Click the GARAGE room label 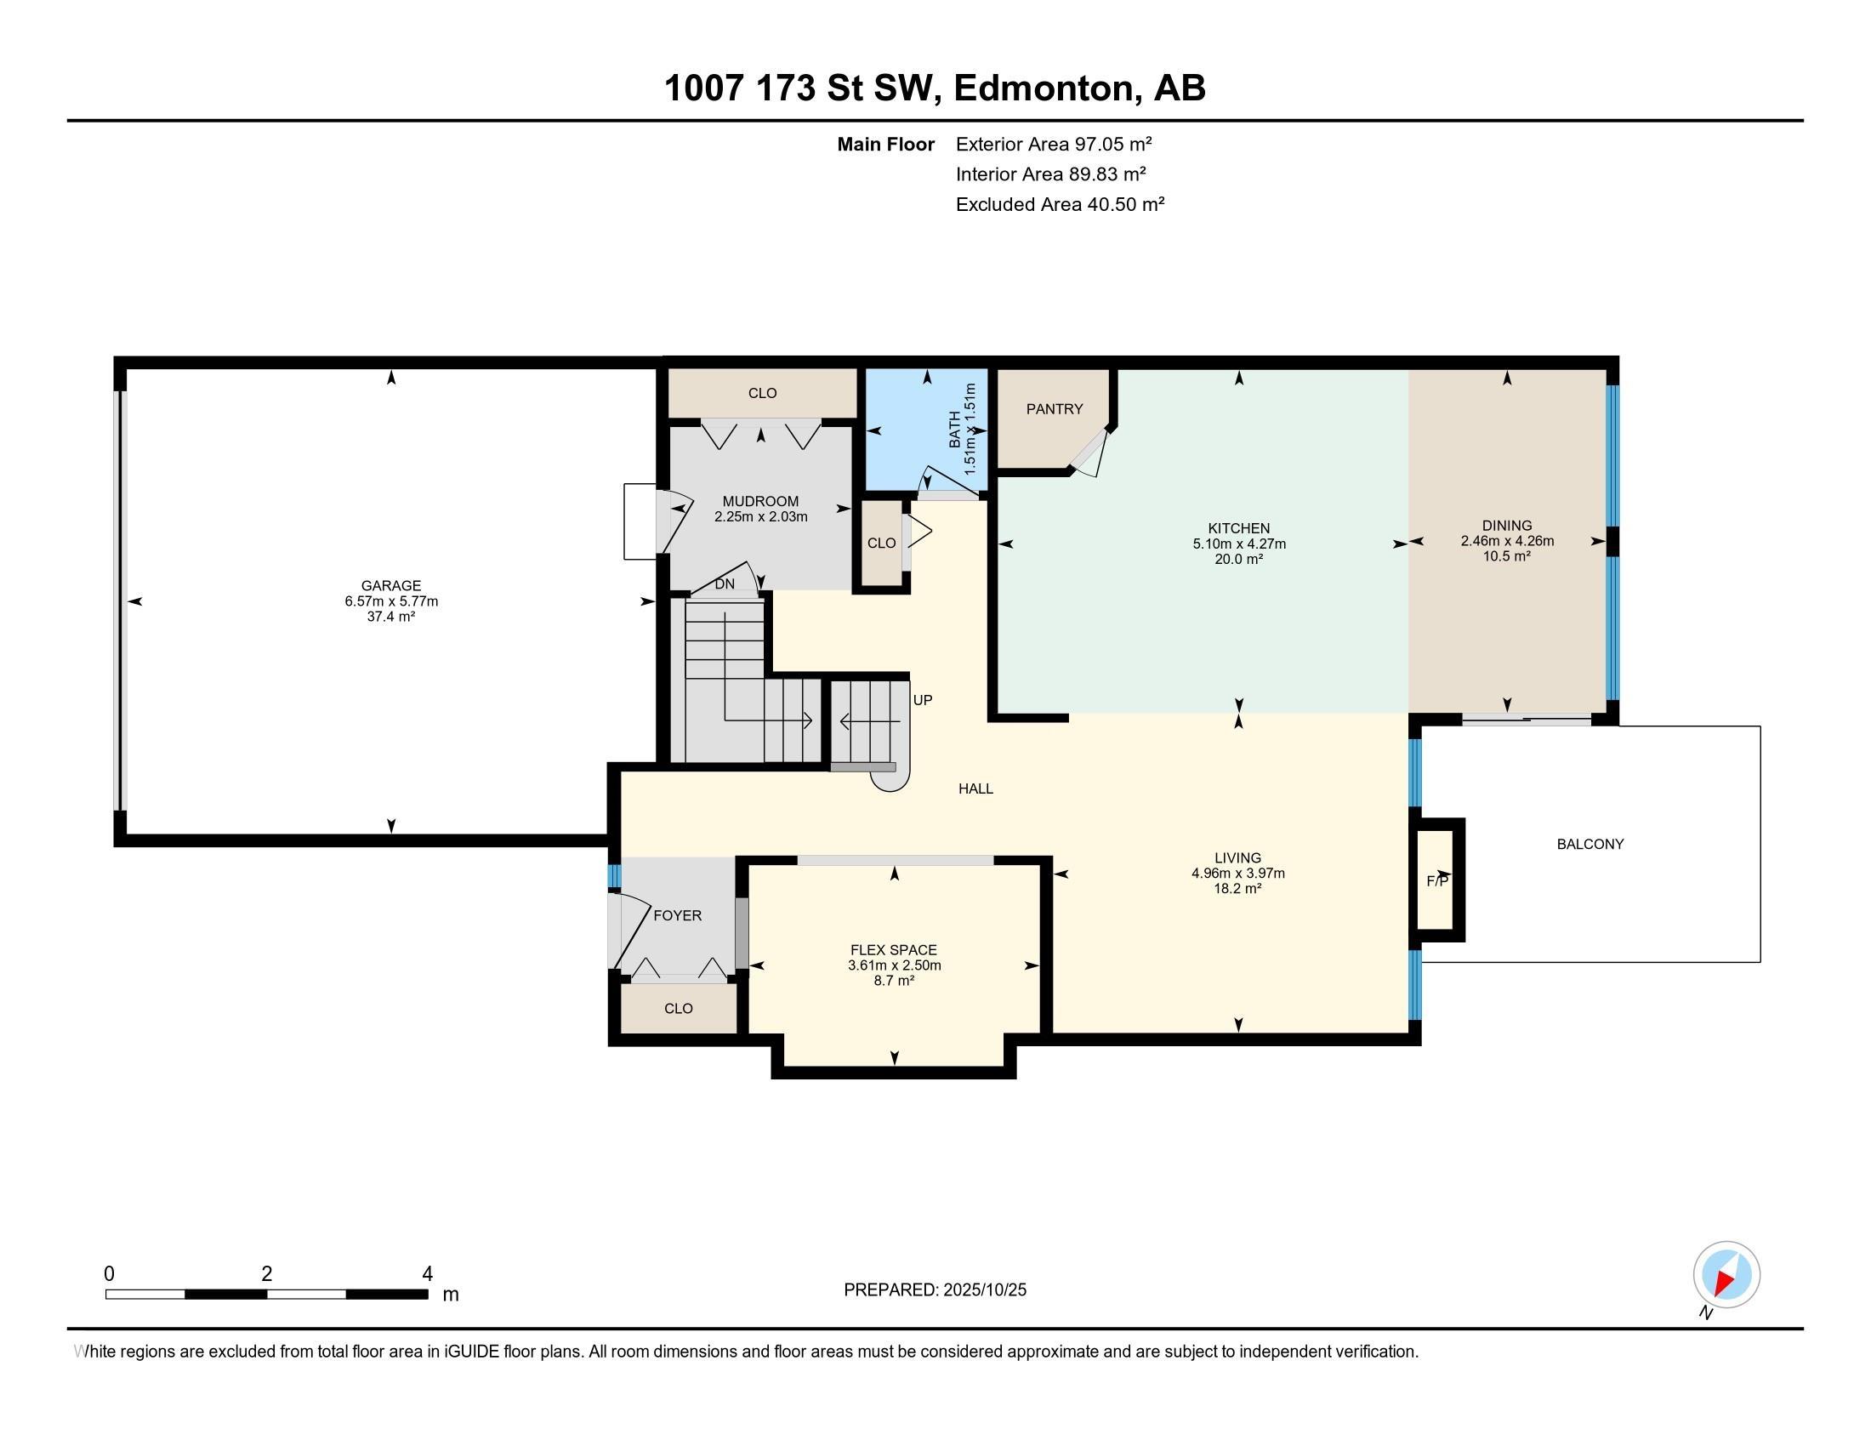tap(390, 586)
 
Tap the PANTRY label tap(1055, 409)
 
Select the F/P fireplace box tap(1436, 880)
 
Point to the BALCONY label tap(1590, 844)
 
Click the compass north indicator tap(1726, 1274)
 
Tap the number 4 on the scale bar tap(427, 1274)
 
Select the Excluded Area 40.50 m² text tap(1060, 205)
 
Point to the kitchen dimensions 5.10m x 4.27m tap(1239, 544)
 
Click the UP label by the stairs tap(922, 700)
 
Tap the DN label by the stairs tap(725, 584)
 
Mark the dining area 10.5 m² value tap(1507, 556)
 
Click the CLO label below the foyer tap(678, 1008)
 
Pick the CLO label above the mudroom tap(762, 393)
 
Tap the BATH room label tap(955, 429)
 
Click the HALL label tap(975, 789)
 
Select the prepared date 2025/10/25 tap(983, 1290)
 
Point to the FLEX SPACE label tap(894, 950)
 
